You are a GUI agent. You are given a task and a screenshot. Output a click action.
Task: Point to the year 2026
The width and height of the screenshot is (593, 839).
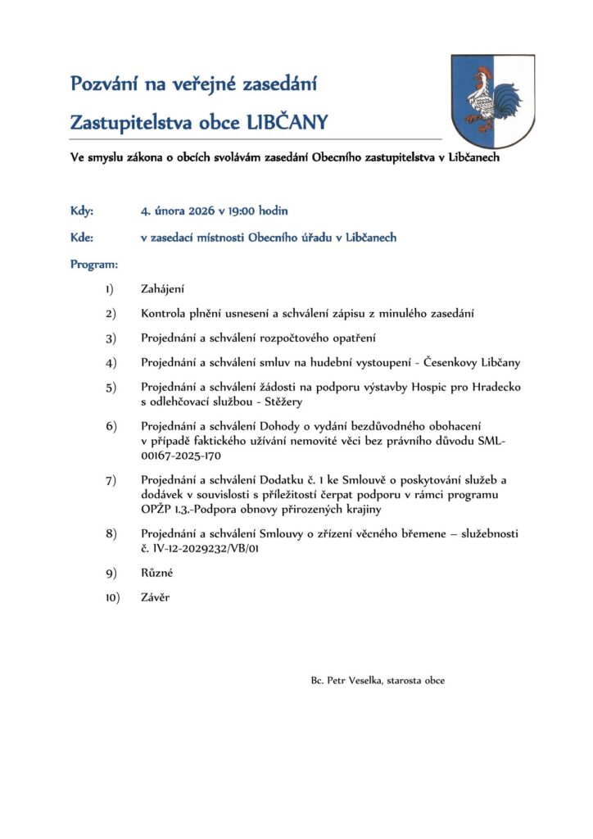201,211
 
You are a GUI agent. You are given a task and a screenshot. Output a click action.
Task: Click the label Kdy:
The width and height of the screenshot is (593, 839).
82,211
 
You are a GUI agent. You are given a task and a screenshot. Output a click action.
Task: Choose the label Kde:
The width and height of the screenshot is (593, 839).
82,238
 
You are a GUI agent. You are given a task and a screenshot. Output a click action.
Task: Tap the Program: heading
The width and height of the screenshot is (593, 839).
94,265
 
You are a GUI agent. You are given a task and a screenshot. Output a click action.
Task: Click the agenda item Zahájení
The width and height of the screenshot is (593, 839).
163,288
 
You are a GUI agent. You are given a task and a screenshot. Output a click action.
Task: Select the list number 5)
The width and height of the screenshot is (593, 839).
111,387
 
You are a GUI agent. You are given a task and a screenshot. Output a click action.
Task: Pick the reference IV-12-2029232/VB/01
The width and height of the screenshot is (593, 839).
211,549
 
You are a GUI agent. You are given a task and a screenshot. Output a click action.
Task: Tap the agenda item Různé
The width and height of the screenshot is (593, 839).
157,574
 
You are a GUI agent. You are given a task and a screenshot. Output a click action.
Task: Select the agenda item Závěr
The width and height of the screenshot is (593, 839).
156,598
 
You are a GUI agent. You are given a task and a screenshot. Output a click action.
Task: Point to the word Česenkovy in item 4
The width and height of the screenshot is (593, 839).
462,362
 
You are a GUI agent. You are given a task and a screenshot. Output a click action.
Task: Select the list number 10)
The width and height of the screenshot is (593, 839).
112,598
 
